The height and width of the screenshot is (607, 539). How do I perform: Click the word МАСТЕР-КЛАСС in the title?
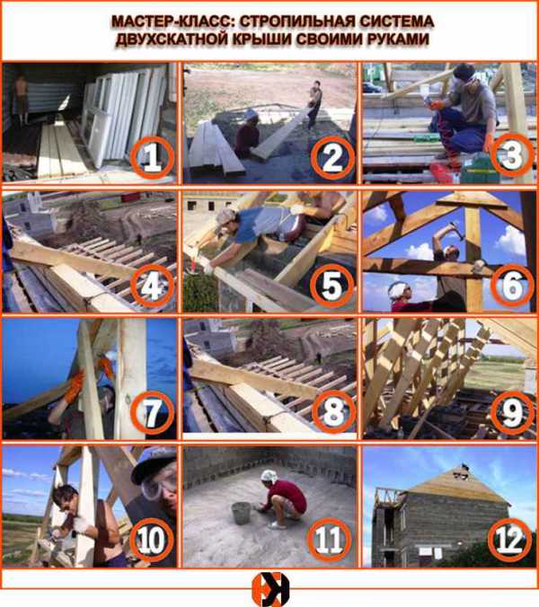click(172, 22)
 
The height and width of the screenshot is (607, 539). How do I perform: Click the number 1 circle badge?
click(152, 157)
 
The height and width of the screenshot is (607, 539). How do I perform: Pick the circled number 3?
click(512, 155)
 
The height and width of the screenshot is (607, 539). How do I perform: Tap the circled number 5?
click(331, 286)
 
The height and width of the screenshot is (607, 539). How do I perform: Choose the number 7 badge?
click(152, 412)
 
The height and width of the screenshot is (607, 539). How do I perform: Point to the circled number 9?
click(512, 412)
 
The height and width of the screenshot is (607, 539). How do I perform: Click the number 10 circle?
click(151, 540)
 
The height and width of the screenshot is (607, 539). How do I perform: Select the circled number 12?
click(509, 540)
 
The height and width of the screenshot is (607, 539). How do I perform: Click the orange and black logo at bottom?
click(270, 589)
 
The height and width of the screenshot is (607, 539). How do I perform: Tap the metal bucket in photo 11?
click(242, 513)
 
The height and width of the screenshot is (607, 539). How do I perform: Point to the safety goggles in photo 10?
click(158, 486)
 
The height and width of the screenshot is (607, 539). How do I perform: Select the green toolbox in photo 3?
click(480, 168)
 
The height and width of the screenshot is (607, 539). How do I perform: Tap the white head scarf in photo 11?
click(268, 476)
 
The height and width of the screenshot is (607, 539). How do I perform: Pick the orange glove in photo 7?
click(75, 386)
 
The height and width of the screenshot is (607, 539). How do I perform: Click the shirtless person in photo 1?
click(20, 98)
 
